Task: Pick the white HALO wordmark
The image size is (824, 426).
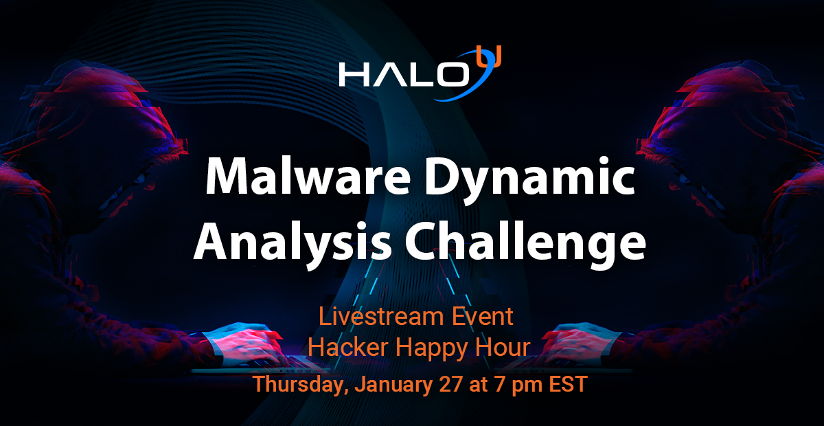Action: point(404,75)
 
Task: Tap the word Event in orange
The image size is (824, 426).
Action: point(482,317)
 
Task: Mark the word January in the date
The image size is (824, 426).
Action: point(393,385)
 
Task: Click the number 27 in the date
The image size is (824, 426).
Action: point(450,384)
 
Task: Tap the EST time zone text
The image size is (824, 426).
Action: point(568,384)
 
